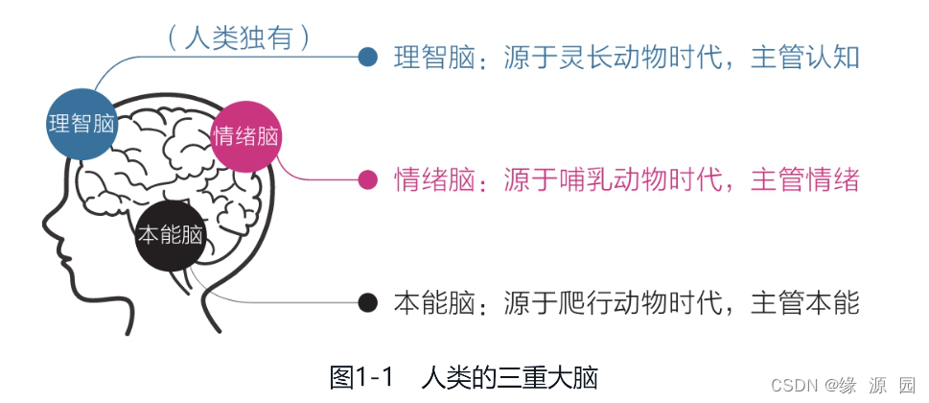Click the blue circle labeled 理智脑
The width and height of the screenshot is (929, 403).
coord(81,124)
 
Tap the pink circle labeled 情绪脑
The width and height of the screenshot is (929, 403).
coord(247,135)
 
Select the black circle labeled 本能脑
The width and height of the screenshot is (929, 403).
coord(171,235)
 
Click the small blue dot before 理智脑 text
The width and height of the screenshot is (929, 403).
coord(367,58)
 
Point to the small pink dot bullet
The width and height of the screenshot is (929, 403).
coord(367,179)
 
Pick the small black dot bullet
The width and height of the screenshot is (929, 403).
coord(367,303)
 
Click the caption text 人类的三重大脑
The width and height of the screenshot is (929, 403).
coord(509,377)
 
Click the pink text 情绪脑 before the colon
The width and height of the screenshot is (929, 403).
coord(434,179)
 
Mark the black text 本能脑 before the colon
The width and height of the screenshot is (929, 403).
coord(434,303)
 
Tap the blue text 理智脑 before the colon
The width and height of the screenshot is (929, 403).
coord(434,58)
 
